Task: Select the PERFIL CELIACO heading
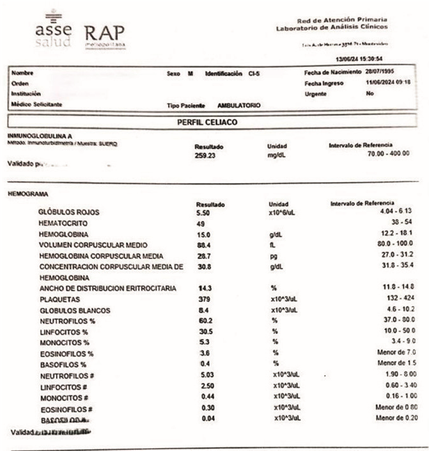[x=208, y=122]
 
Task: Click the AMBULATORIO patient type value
[x=239, y=106]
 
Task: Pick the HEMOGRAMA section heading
[x=26, y=195]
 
